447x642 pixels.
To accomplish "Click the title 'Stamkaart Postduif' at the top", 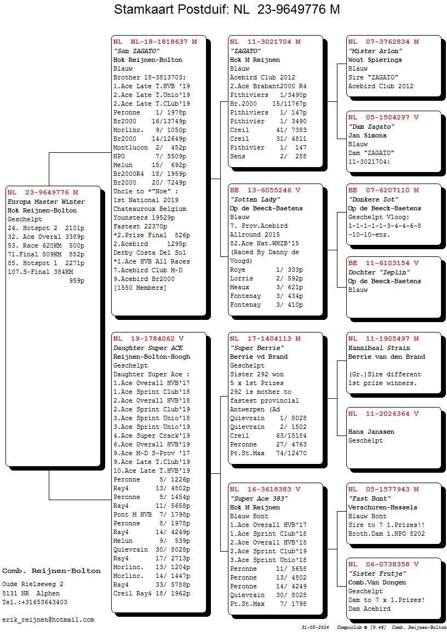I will [171, 10].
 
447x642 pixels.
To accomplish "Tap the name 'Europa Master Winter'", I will [46, 202].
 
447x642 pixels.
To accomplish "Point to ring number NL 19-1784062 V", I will [148, 339].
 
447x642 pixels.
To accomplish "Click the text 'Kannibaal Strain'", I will [379, 348].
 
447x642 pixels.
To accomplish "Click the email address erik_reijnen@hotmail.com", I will [48, 620].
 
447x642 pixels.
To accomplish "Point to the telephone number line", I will [35, 602].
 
